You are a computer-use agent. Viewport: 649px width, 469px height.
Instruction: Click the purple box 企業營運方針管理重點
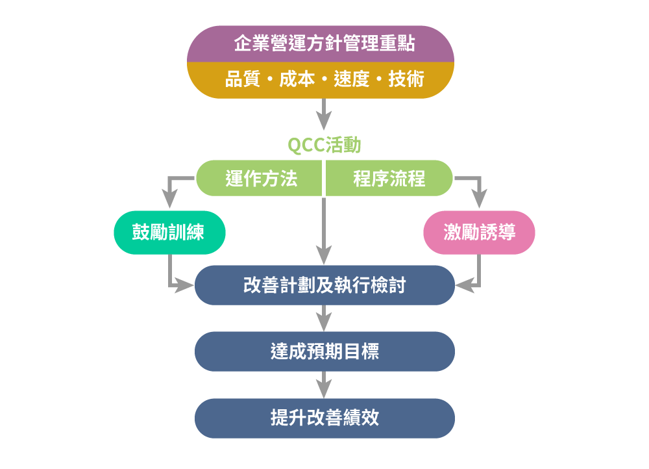click(324, 44)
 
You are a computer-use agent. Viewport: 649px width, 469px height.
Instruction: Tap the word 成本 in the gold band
click(297, 79)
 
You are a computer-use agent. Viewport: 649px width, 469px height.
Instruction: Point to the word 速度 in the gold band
click(352, 79)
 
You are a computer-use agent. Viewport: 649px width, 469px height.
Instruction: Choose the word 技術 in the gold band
click(406, 79)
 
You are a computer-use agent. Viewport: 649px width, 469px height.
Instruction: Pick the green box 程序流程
click(389, 179)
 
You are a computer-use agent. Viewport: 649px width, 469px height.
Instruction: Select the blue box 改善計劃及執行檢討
click(324, 285)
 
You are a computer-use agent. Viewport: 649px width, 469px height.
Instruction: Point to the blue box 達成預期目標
click(324, 351)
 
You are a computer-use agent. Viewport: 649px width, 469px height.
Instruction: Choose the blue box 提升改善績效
click(324, 418)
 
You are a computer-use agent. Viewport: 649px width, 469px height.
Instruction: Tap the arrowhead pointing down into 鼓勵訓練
click(169, 199)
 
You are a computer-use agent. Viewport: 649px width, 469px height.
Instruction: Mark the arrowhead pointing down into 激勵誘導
click(479, 199)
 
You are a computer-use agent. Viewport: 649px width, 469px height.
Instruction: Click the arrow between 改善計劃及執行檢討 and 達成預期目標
click(324, 318)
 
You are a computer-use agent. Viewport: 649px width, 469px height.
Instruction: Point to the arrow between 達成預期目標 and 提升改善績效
click(324, 385)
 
